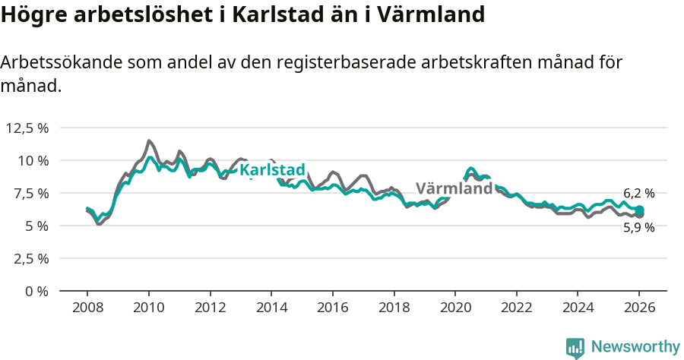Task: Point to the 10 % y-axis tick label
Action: pyautogui.click(x=33, y=160)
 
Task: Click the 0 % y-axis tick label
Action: pyautogui.click(x=36, y=291)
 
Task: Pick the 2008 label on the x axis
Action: pyautogui.click(x=87, y=308)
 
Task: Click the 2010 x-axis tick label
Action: pyautogui.click(x=148, y=308)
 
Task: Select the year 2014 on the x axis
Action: pyautogui.click(x=271, y=308)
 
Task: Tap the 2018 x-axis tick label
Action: pyautogui.click(x=394, y=308)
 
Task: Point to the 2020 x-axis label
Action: pyautogui.click(x=455, y=308)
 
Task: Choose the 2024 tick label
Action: pyautogui.click(x=578, y=308)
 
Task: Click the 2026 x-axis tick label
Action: pyautogui.click(x=639, y=308)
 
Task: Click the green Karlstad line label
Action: pyautogui.click(x=272, y=170)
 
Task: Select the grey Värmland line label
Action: pyautogui.click(x=454, y=188)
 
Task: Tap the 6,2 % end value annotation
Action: pyautogui.click(x=638, y=194)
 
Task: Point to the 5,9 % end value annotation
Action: pyautogui.click(x=638, y=227)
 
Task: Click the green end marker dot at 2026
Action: pyautogui.click(x=640, y=210)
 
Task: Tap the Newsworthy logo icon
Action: pyautogui.click(x=575, y=347)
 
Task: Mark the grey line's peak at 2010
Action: pyautogui.click(x=149, y=141)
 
